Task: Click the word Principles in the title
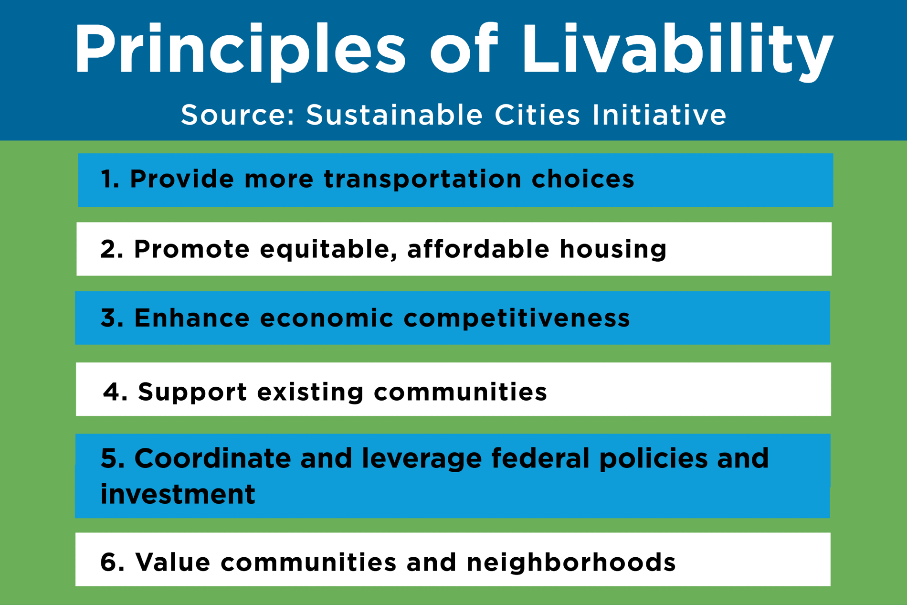coord(239,50)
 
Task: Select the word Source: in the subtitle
coord(238,116)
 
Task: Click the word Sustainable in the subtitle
coord(394,116)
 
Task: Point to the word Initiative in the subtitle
coord(659,116)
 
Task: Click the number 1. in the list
coord(110,180)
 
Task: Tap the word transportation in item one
coord(422,180)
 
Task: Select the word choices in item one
coord(583,180)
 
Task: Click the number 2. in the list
coord(112,249)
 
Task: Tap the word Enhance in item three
coord(191,318)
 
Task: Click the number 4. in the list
coord(115,392)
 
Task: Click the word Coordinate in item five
coord(212,458)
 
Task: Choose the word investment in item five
coord(178,494)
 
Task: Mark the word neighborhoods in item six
coord(571,562)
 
